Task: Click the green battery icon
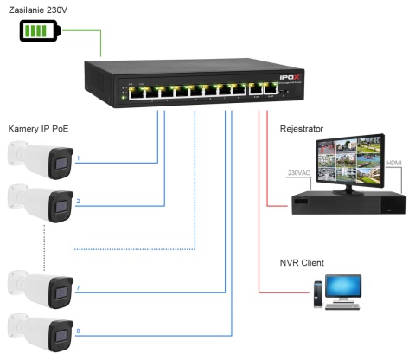click(41, 32)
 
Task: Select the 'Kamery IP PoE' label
click(38, 129)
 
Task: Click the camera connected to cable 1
click(40, 159)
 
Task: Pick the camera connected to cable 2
click(40, 202)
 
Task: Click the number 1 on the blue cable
click(78, 159)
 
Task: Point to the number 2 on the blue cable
click(78, 201)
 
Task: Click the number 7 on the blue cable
click(78, 287)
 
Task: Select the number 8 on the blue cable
click(78, 330)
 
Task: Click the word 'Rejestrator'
click(302, 129)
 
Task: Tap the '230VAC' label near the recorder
click(298, 171)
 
